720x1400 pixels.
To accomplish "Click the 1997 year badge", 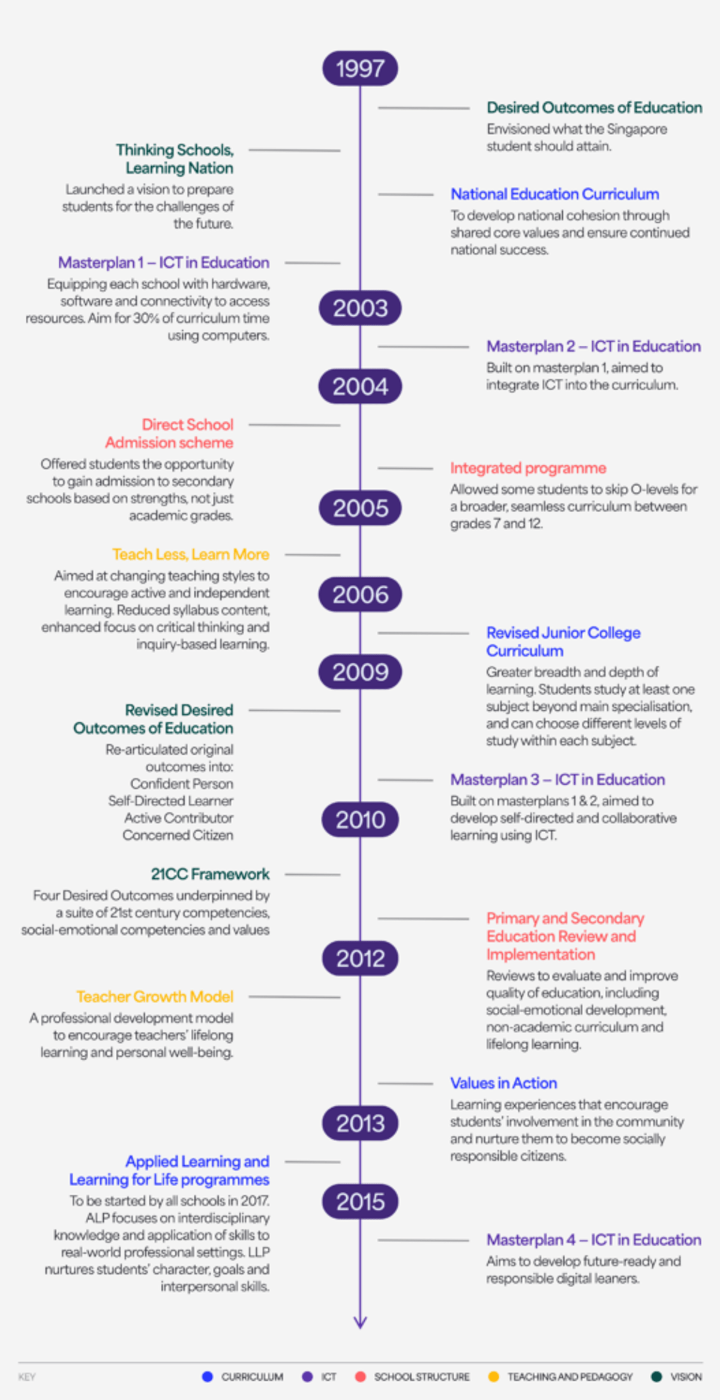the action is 360,68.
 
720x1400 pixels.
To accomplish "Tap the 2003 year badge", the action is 360,308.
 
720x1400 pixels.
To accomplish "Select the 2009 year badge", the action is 360,672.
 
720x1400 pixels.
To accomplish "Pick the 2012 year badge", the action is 360,958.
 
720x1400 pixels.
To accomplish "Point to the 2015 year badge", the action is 360,1201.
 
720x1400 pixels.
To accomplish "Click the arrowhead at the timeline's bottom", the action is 360,1322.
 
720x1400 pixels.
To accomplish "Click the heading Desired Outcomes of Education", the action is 595,107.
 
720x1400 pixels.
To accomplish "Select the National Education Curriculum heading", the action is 555,194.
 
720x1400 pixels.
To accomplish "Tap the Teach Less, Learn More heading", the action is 191,554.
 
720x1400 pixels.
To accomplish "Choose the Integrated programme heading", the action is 528,468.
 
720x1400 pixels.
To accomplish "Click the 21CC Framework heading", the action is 210,874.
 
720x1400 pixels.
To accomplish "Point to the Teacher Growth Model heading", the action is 155,997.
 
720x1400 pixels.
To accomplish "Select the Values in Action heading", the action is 504,1083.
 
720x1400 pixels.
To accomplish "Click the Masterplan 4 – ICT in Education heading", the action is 594,1240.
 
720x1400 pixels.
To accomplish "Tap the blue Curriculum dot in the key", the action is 208,1377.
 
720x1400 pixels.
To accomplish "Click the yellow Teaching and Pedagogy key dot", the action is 493,1377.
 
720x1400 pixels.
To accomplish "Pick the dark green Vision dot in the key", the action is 656,1377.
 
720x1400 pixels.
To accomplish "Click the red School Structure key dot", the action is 360,1377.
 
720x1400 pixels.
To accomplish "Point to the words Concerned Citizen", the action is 178,835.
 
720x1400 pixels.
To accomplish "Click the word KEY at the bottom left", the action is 27,1377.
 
